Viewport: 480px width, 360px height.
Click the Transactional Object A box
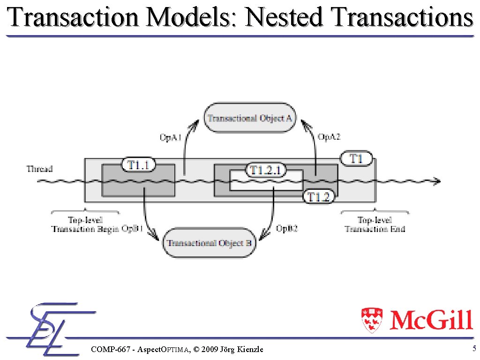(250, 118)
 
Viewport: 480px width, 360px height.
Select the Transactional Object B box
(210, 243)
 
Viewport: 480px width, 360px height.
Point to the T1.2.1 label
(265, 170)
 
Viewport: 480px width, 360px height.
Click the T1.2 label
(319, 197)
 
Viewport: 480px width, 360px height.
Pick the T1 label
(357, 159)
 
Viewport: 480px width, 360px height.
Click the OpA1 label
(171, 137)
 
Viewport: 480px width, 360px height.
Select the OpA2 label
(329, 137)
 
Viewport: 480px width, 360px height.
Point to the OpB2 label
(287, 229)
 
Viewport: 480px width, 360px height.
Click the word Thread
(39, 169)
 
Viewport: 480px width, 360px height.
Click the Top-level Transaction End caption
(375, 224)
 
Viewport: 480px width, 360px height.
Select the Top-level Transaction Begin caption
(85, 224)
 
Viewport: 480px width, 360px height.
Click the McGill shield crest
(372, 320)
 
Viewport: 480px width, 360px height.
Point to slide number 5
(474, 348)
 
